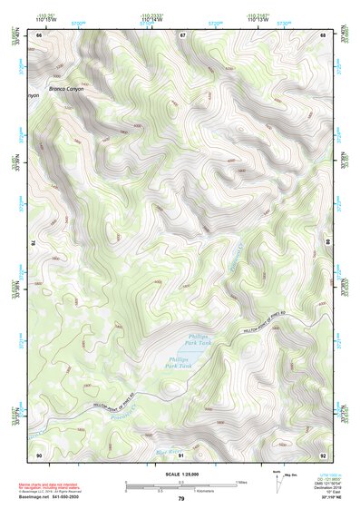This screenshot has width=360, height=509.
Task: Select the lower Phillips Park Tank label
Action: pos(180,362)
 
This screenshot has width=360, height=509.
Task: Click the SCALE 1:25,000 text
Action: pos(180,473)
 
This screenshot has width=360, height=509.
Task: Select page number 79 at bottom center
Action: pos(180,499)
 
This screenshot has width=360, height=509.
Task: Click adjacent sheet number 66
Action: pos(39,34)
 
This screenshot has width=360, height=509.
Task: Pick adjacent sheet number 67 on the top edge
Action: pos(181,34)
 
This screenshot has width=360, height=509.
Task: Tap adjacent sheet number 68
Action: pos(322,34)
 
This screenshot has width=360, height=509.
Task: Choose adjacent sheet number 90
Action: pos(39,454)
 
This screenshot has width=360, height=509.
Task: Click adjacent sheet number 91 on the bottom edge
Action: pos(181,454)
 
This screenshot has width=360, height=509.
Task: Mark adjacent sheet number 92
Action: pos(322,454)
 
